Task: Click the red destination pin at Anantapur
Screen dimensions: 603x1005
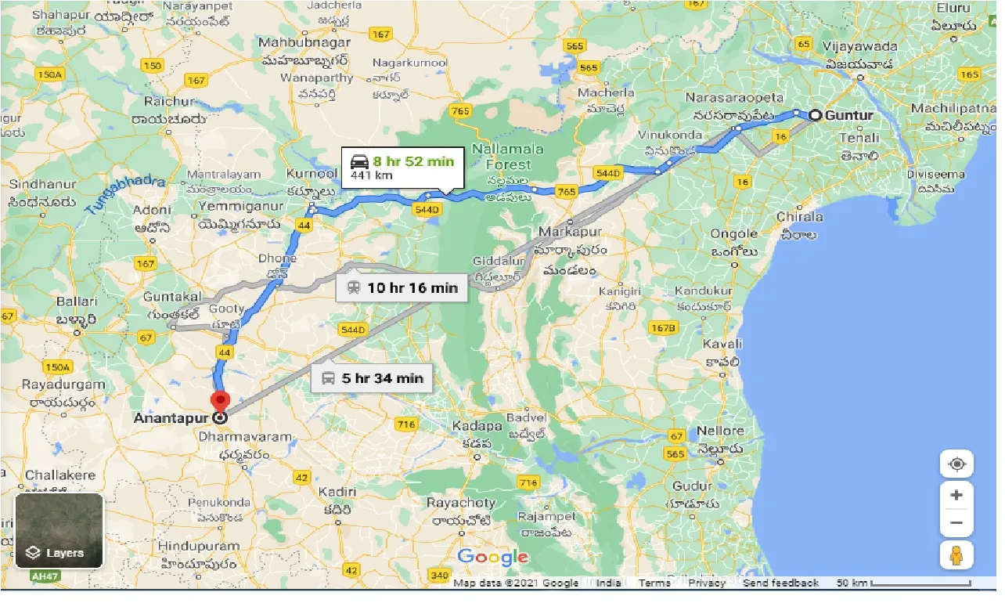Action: coord(221,401)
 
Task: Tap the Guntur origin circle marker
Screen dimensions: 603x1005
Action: coord(815,115)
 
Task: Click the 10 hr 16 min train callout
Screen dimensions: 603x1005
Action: coord(402,287)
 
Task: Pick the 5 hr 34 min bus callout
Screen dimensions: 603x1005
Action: coord(372,378)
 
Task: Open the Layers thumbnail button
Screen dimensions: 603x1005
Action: coord(59,530)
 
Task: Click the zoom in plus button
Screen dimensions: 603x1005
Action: coord(956,495)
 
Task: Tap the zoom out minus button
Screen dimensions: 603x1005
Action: coord(956,522)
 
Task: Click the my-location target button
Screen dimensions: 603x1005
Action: coord(956,464)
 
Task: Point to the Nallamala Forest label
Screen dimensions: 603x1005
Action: coord(508,157)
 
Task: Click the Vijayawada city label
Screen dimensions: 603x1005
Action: coord(859,46)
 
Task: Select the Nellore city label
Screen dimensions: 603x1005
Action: coord(719,431)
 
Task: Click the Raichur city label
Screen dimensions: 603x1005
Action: coord(169,102)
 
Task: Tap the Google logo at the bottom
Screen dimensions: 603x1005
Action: coord(492,557)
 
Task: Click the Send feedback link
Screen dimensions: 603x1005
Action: coord(780,583)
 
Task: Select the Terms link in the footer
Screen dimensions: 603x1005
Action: coord(654,583)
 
